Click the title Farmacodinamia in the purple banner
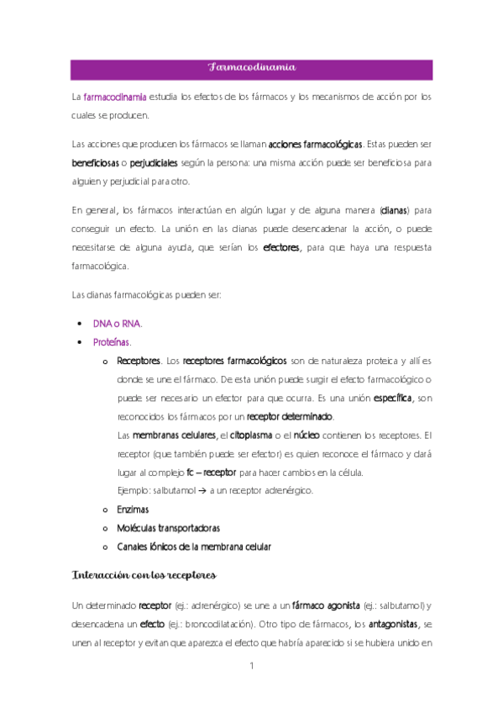[251, 68]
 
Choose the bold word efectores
[281, 247]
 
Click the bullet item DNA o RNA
[118, 323]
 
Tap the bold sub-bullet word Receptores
[139, 361]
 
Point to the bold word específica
[393, 398]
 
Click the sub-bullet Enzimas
[134, 510]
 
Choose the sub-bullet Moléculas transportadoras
[169, 528]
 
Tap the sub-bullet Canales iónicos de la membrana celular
[194, 547]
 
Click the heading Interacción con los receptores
[144, 576]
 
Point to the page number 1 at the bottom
[251, 667]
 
